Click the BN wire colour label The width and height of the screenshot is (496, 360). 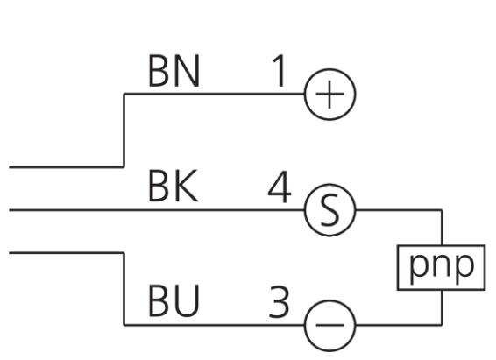coord(174,71)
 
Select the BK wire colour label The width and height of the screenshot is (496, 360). coord(174,186)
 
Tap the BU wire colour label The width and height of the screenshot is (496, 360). coord(174,300)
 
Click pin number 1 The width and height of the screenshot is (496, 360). coord(279,71)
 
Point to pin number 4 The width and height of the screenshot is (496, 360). coord(280,187)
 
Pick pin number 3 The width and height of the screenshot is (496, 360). coord(279,302)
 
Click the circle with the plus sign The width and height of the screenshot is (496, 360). coord(329,95)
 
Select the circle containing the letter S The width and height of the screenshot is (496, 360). coord(329,210)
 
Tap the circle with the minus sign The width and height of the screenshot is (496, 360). coord(329,325)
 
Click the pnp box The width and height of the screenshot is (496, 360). coord(442,267)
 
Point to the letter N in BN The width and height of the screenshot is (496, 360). coord(188,71)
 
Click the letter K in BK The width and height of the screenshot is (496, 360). coord(187,186)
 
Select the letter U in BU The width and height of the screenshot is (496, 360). coord(187,300)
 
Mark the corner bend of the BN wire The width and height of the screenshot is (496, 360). coord(124,94)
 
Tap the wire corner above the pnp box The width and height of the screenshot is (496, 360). coord(442,210)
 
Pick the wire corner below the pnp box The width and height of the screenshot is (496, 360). coord(442,325)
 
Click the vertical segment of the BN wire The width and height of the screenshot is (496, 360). coord(124,131)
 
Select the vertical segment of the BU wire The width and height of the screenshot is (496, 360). coord(124,288)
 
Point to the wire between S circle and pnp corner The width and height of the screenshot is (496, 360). coord(399,210)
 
